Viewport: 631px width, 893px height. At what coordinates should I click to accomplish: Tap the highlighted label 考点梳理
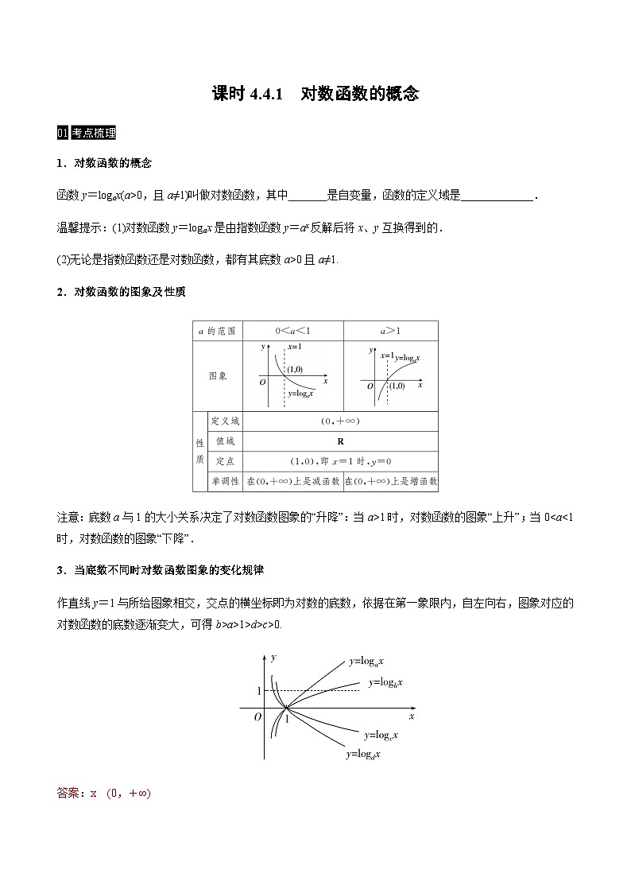92,133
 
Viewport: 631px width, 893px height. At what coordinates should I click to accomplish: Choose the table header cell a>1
389,331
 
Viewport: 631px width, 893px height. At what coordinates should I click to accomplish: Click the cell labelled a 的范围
216,331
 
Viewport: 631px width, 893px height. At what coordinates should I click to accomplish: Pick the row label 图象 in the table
217,376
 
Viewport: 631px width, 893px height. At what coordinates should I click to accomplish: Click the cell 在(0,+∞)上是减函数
292,481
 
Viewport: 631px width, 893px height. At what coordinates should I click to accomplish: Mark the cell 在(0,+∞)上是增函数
390,481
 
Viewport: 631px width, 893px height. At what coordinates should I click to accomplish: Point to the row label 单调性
225,481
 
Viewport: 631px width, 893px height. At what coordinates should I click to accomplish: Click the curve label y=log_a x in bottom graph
366,661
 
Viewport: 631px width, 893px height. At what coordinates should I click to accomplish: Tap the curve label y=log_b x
385,682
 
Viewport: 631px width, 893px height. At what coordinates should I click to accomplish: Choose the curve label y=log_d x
362,754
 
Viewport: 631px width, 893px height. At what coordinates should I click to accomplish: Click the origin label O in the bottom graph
257,716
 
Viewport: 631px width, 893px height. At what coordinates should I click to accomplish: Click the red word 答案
70,793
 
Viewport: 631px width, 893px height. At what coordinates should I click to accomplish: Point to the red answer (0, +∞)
128,793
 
